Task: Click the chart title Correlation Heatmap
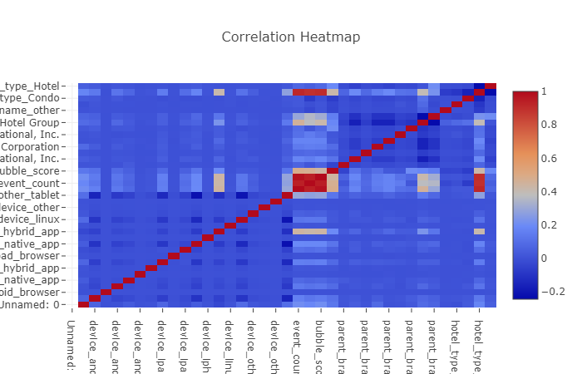(x=291, y=37)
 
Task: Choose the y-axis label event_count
(x=32, y=183)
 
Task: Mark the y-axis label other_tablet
(x=32, y=195)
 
